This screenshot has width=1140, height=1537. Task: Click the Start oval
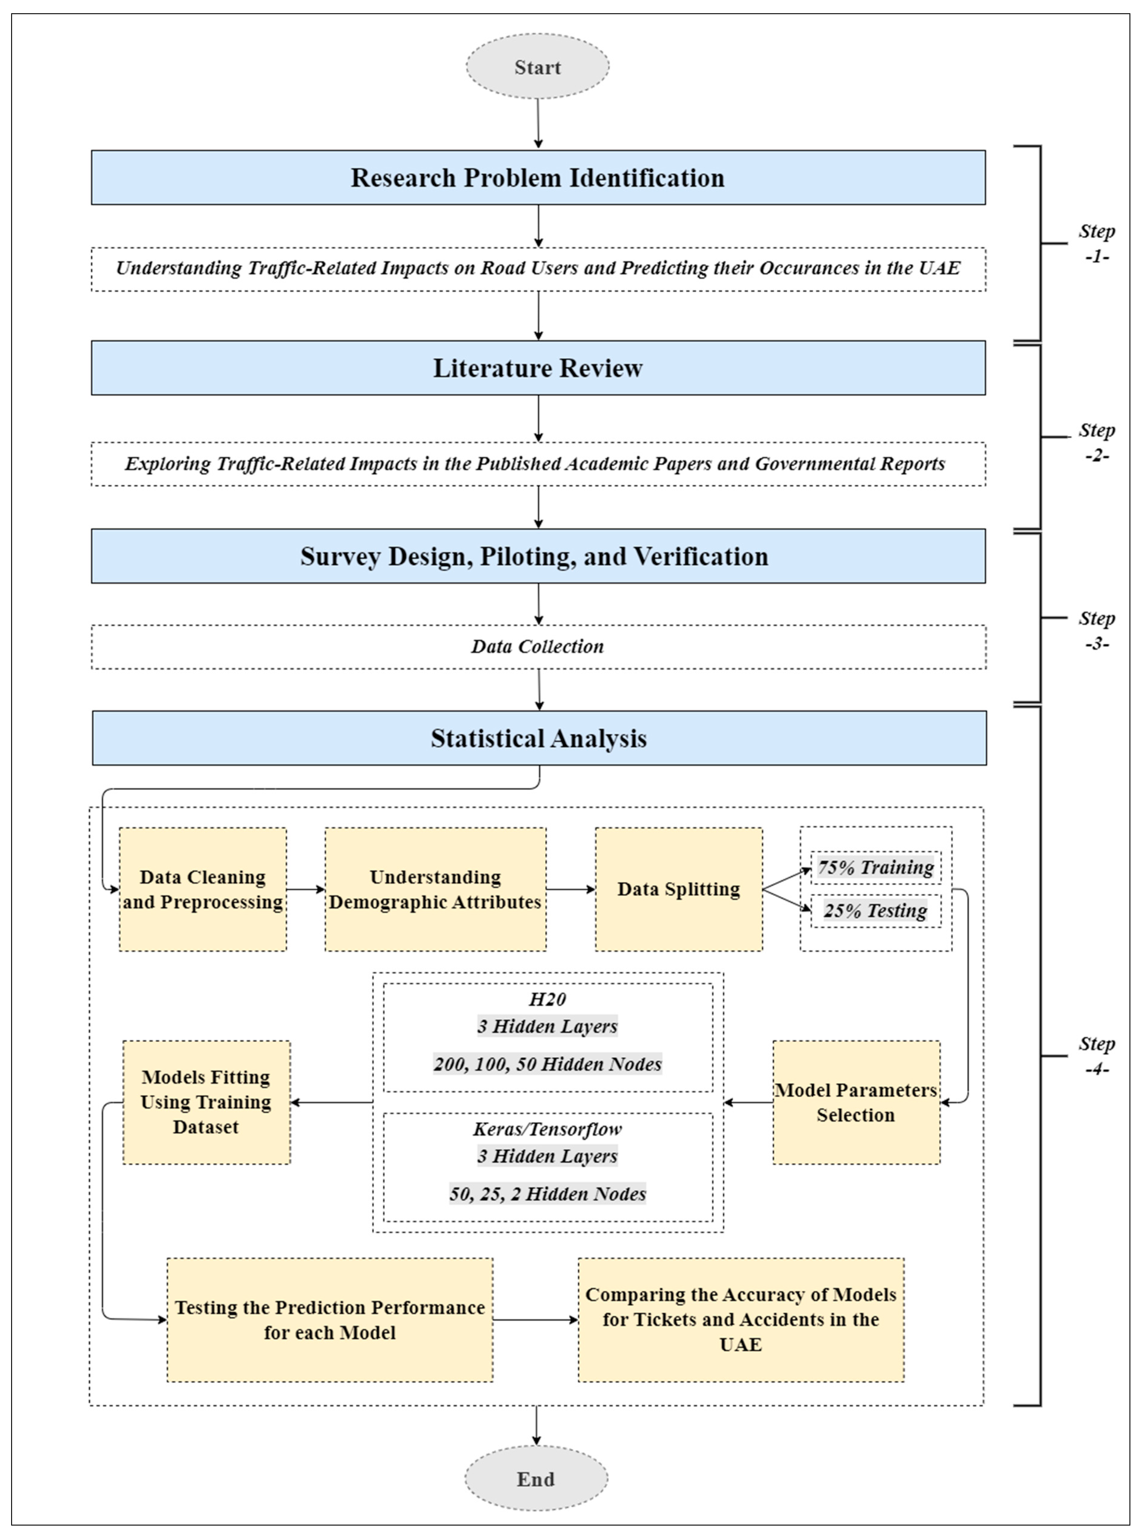click(538, 67)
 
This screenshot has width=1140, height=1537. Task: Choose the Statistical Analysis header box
click(539, 738)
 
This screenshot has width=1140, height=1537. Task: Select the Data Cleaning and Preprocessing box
click(203, 889)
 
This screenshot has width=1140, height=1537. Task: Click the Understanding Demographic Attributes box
click(436, 889)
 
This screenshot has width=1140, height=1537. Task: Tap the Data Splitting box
click(678, 889)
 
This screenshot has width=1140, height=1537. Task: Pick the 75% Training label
click(876, 867)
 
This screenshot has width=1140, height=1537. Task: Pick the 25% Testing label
click(876, 911)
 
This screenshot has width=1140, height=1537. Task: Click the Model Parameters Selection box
click(856, 1102)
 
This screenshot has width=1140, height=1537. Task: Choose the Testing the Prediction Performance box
click(330, 1320)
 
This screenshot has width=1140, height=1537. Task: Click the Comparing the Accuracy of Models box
click(740, 1320)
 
